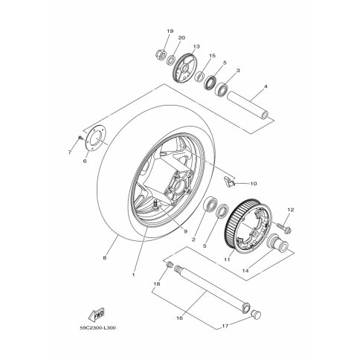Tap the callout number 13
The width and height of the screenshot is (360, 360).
pyautogui.click(x=196, y=46)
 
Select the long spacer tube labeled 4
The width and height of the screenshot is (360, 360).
pyautogui.click(x=248, y=106)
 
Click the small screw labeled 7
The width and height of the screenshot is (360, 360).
pyautogui.click(x=80, y=138)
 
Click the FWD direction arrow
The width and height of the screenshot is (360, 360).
pyautogui.click(x=96, y=315)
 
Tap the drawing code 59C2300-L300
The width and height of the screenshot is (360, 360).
pyautogui.click(x=98, y=328)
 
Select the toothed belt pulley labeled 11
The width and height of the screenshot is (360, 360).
pyautogui.click(x=245, y=225)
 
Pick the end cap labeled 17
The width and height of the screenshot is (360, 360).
pyautogui.click(x=255, y=314)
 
